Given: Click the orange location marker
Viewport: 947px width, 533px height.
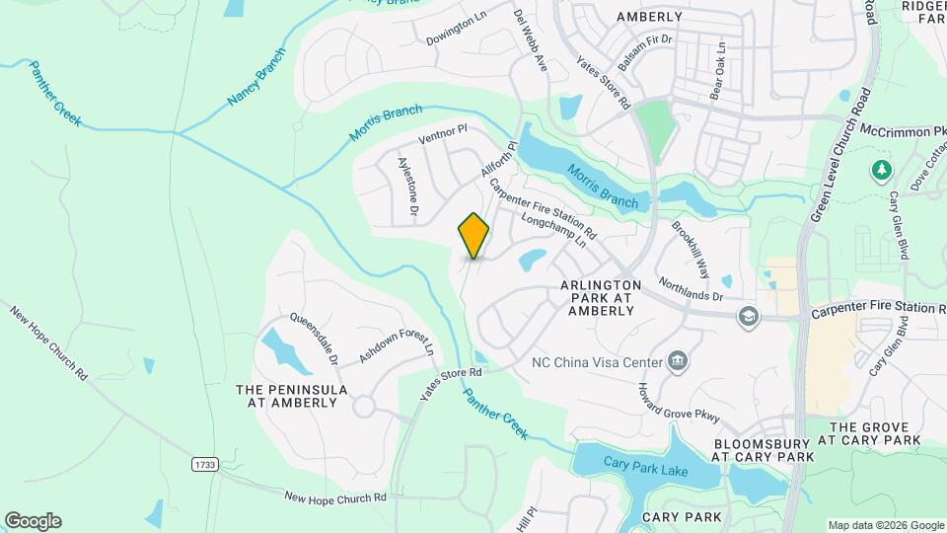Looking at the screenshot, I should [474, 235].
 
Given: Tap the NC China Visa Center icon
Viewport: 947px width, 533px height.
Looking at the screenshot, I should [678, 361].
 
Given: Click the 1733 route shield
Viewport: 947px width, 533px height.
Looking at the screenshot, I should [203, 463].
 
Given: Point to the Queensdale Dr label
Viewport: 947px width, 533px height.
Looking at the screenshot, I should [314, 339].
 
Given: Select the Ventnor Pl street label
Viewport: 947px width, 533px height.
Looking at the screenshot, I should [442, 134].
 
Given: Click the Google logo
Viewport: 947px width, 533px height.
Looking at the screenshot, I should [32, 521].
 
